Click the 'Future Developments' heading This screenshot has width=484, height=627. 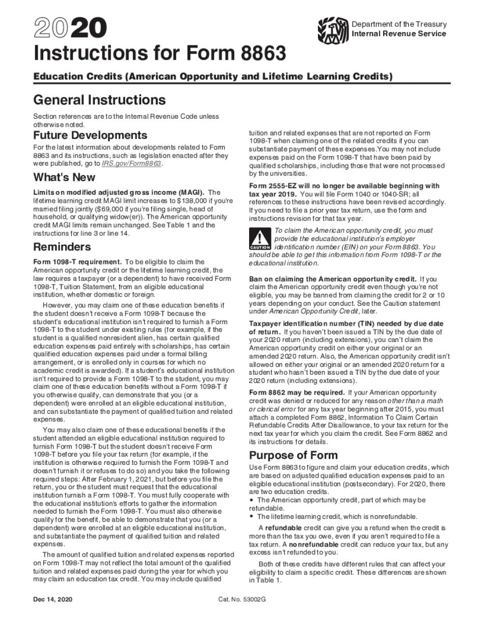(x=90, y=135)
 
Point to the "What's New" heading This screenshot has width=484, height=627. (x=64, y=177)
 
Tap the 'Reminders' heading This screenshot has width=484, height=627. (x=62, y=247)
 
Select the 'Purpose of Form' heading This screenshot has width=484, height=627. (x=293, y=455)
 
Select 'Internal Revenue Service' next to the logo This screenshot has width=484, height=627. (x=399, y=34)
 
